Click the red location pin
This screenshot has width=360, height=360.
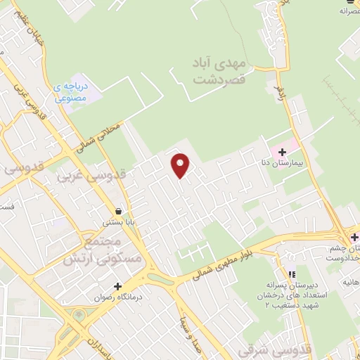click(x=181, y=165)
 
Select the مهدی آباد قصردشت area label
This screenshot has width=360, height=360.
click(x=219, y=71)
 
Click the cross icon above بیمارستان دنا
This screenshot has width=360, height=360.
click(x=282, y=151)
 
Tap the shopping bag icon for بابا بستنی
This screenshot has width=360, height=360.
click(x=118, y=211)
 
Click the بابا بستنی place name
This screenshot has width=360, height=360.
click(x=118, y=222)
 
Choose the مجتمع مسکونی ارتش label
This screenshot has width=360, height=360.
click(x=112, y=250)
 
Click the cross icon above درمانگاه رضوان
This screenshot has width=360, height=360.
click(x=117, y=286)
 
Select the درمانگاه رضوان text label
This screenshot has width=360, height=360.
click(x=117, y=297)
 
